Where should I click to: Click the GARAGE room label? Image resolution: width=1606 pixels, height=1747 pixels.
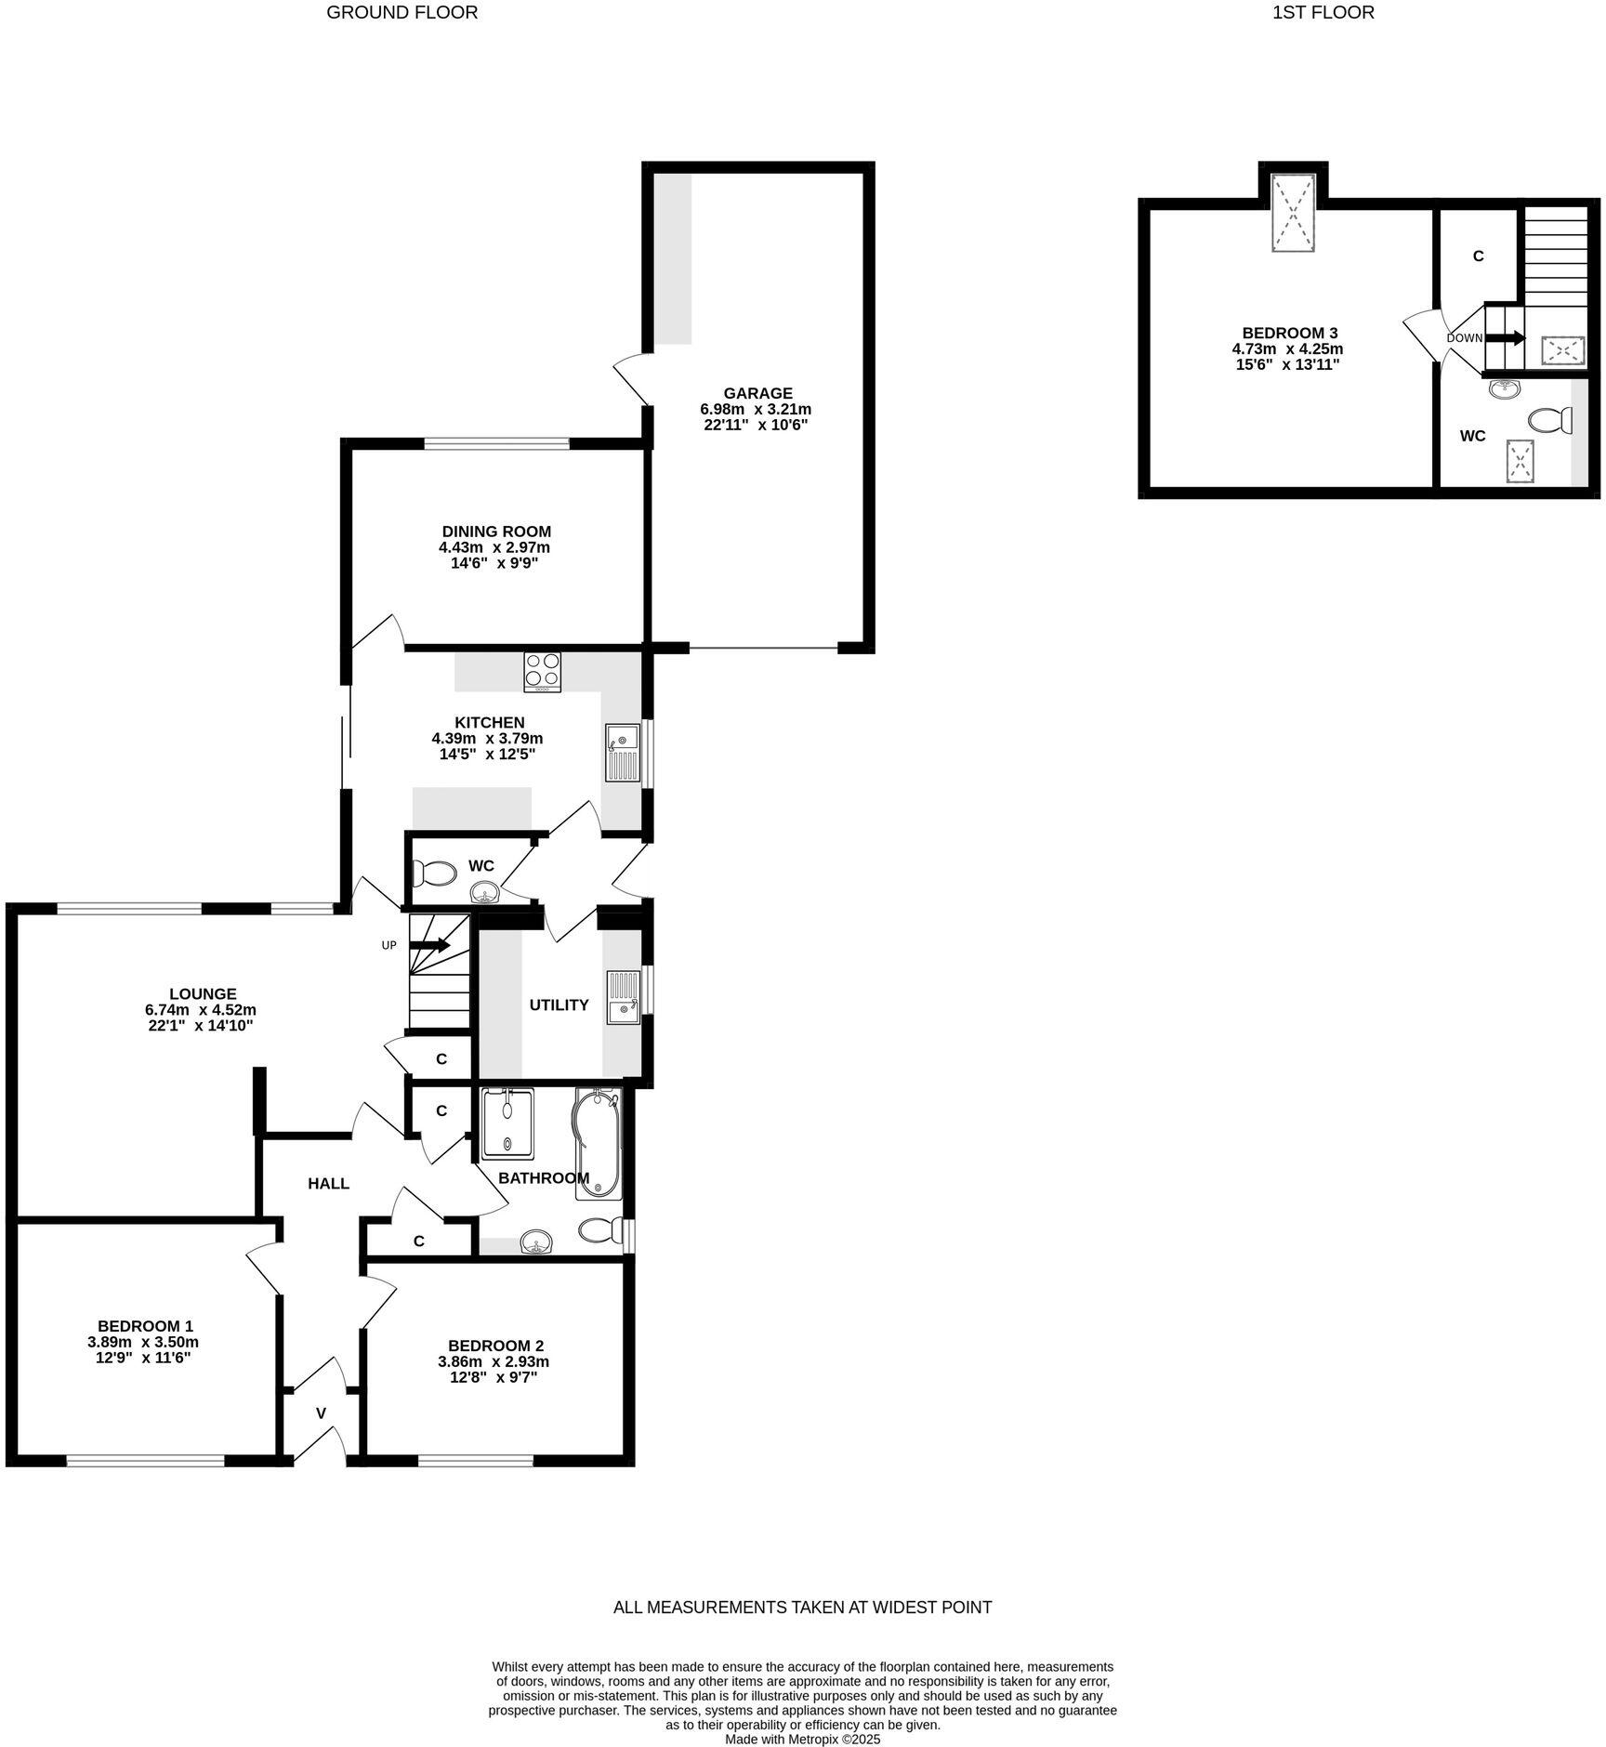tap(757, 393)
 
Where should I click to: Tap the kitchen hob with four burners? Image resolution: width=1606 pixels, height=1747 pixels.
tap(543, 672)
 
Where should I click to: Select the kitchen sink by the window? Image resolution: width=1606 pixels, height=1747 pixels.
tap(623, 754)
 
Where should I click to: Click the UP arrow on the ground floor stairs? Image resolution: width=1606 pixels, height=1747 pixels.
tap(430, 945)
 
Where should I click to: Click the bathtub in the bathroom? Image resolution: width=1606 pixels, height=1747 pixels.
tap(598, 1144)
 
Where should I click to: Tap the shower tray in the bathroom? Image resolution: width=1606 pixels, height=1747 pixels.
tap(507, 1123)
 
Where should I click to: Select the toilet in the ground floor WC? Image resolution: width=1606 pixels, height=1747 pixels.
tap(435, 873)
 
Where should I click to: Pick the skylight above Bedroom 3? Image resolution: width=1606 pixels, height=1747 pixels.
tap(1293, 213)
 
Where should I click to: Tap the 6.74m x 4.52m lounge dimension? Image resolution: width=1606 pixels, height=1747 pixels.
tap(201, 1009)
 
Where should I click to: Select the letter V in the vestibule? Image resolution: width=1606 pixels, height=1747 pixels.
tap(321, 1413)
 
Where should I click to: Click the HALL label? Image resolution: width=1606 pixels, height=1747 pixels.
tap(328, 1183)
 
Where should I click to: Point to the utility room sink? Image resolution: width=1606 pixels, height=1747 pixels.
tap(623, 997)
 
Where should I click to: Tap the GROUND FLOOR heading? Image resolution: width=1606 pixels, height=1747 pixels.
tap(401, 13)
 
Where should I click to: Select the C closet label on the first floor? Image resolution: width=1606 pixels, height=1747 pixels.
tap(1478, 256)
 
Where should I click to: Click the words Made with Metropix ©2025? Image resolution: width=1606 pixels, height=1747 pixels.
tap(802, 1739)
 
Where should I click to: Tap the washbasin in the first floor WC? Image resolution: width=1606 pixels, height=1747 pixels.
tap(1504, 389)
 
